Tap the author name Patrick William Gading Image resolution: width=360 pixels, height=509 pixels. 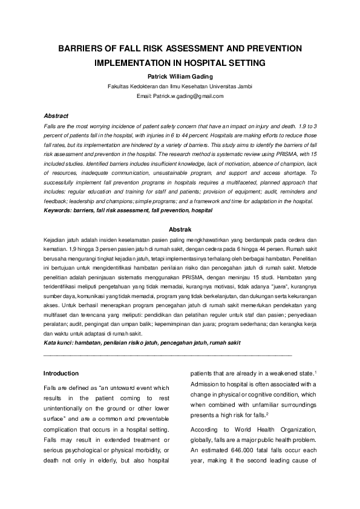pyautogui.click(x=180, y=77)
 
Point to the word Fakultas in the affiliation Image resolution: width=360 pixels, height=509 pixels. pyautogui.click(x=119, y=86)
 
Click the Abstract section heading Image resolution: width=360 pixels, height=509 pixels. pyautogui.click(x=56, y=115)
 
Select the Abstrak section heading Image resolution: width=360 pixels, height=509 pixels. pyautogui.click(x=180, y=229)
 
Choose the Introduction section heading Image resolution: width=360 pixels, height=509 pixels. pyautogui.click(x=61, y=373)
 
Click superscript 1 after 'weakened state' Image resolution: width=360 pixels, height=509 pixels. pyautogui.click(x=316, y=371)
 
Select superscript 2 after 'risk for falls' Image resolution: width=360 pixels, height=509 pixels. pyautogui.click(x=267, y=413)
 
